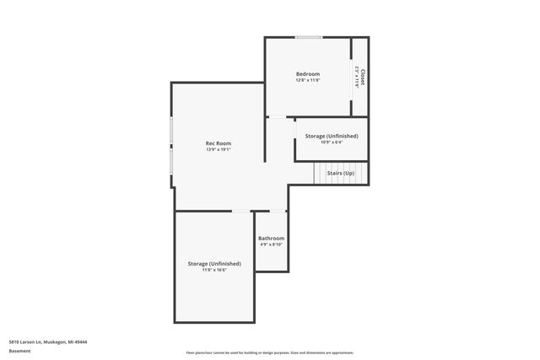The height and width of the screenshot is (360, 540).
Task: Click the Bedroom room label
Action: (307, 74)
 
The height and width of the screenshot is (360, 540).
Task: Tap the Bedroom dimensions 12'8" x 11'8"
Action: (307, 81)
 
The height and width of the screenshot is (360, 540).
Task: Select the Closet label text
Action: (363, 77)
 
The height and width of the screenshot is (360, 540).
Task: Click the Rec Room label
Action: (219, 143)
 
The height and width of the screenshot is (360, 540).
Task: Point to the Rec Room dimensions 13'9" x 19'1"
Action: (219, 150)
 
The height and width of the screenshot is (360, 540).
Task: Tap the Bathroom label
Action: (271, 238)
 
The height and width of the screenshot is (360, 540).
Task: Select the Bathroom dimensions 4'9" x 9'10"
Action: (271, 244)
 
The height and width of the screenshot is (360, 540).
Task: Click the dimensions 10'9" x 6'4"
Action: (331, 142)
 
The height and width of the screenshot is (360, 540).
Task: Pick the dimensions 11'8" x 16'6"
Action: (214, 270)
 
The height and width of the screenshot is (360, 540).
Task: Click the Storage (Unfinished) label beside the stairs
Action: (331, 136)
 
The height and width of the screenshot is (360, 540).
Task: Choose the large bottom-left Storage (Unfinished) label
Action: (214, 263)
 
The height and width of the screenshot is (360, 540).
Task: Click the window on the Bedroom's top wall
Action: (308, 37)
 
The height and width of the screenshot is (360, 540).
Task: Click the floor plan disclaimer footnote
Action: (270, 352)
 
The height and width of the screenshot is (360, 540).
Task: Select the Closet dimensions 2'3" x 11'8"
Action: (358, 77)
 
